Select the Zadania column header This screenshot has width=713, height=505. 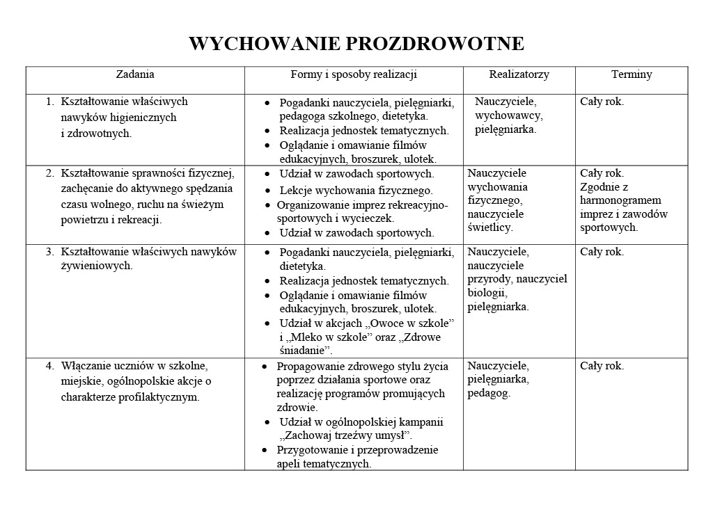click(x=135, y=74)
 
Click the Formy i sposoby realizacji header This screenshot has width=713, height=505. click(x=354, y=74)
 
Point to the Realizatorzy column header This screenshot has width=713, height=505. click(x=519, y=74)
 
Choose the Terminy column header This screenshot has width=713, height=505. click(x=632, y=74)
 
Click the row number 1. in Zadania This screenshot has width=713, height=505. click(x=49, y=102)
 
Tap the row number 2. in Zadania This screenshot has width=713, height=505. click(x=49, y=173)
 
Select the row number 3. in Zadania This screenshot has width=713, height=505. click(x=49, y=252)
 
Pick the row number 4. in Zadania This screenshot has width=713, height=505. click(x=49, y=365)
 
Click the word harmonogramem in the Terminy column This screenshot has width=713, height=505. click(x=616, y=200)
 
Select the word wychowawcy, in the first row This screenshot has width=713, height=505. click(x=508, y=115)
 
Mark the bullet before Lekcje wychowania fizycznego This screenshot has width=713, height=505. click(x=268, y=190)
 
